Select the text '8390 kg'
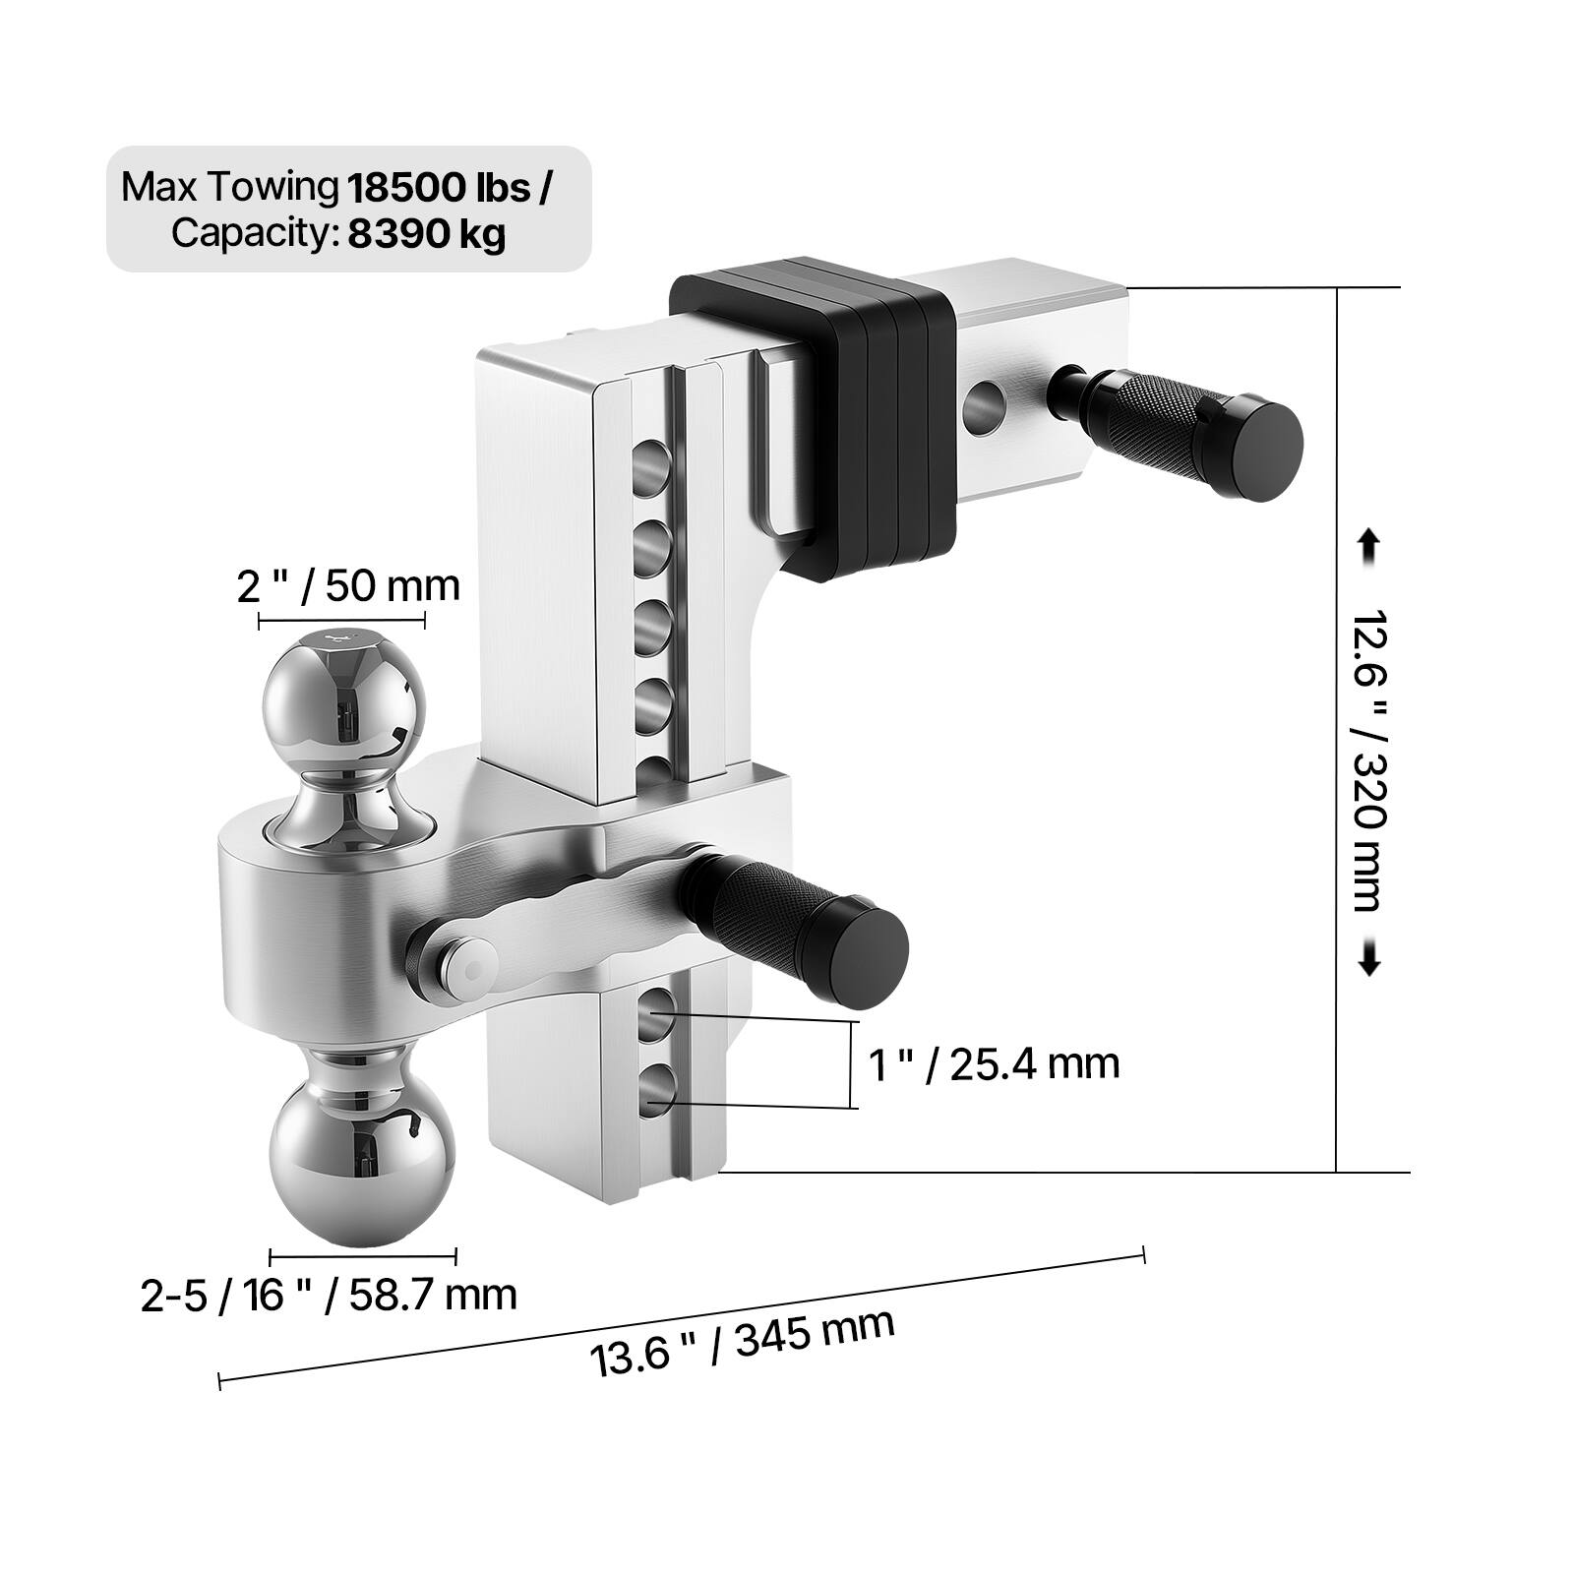pyautogui.click(x=426, y=237)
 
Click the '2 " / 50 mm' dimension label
pyautogui.click(x=348, y=586)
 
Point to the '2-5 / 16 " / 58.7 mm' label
pyautogui.click(x=329, y=1295)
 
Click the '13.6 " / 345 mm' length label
pyautogui.click(x=742, y=1342)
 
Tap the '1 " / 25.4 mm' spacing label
pyautogui.click(x=995, y=1063)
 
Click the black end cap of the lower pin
pyautogui.click(x=866, y=952)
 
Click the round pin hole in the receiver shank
pyautogui.click(x=982, y=406)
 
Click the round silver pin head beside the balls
pyautogui.click(x=462, y=959)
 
